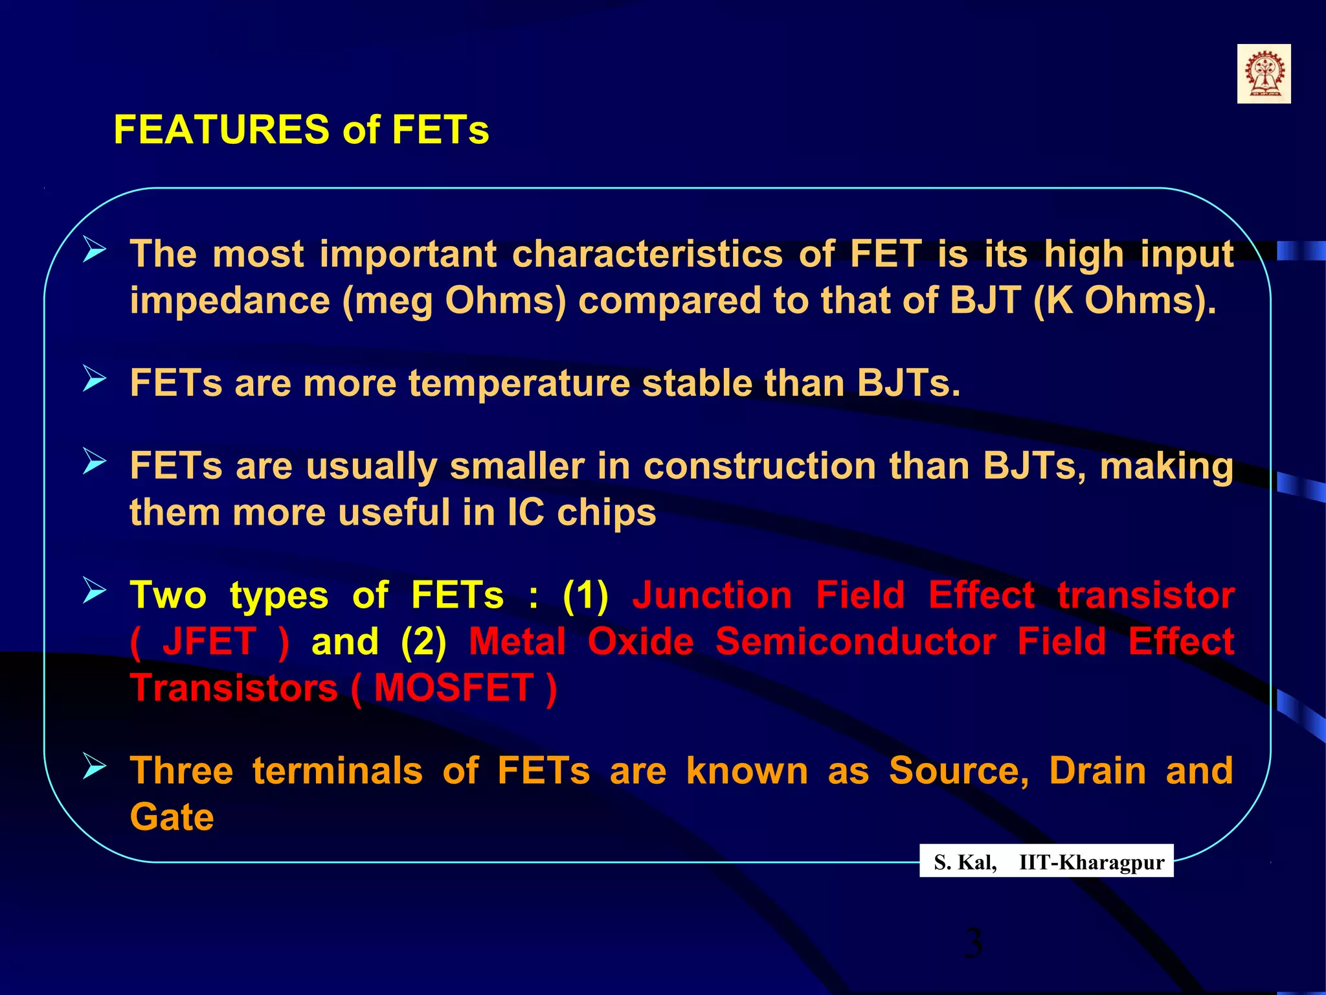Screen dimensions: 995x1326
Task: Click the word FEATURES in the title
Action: tap(221, 130)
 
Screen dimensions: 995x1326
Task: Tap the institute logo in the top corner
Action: tap(1263, 74)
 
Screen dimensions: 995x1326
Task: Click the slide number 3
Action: tap(973, 943)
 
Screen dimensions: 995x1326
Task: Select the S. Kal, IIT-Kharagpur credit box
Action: tap(1046, 862)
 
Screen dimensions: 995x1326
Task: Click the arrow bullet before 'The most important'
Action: tap(95, 249)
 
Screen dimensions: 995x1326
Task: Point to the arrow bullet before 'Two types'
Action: tap(95, 591)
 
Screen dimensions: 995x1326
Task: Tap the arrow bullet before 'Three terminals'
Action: tap(95, 766)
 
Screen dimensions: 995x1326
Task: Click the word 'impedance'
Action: tap(230, 301)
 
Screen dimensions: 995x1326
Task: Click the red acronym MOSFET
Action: tap(453, 688)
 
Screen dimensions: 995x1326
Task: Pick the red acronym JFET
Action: tap(209, 642)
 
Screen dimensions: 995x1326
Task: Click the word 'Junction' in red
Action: tap(712, 595)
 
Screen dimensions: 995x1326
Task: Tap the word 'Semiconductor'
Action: tap(855, 642)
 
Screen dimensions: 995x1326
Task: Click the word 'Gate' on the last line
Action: tap(172, 818)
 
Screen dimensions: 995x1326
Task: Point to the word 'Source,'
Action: tap(958, 771)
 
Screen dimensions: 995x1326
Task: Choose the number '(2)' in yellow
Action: tap(423, 642)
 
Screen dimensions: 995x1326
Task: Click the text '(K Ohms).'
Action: tap(1125, 301)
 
